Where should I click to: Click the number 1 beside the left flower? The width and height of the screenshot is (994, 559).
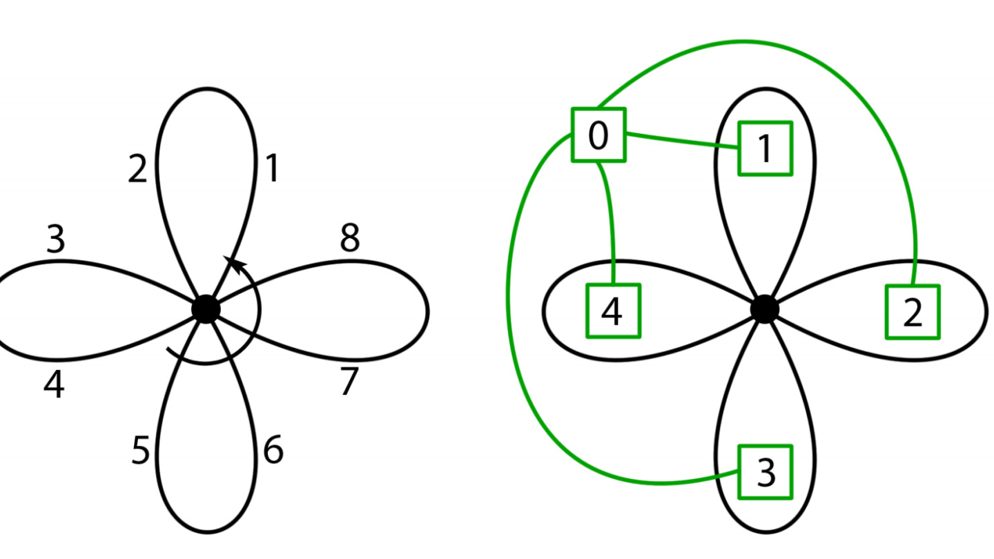(273, 168)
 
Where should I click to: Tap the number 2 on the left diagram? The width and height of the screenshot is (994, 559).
(138, 168)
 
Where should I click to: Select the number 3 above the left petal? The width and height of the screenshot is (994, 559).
(55, 239)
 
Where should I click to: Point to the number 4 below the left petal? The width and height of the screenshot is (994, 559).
(54, 384)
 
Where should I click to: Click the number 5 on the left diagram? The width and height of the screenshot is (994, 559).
(140, 451)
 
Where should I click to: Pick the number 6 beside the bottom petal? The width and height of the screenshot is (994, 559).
(273, 451)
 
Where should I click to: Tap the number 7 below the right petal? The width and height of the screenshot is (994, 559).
(350, 382)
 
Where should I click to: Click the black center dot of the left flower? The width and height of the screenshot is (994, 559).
(206, 309)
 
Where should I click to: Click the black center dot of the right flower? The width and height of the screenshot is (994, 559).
(764, 309)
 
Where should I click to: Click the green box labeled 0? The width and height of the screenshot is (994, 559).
(598, 135)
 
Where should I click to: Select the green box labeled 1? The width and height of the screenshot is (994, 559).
(765, 148)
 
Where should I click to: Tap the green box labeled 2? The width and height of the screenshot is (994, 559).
(913, 312)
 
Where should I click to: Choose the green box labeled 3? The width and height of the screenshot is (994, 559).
(765, 472)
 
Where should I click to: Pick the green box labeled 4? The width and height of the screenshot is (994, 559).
(613, 311)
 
